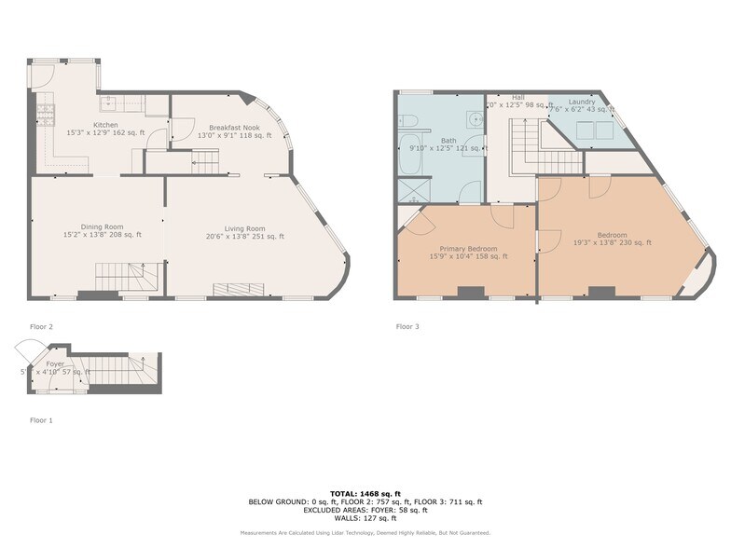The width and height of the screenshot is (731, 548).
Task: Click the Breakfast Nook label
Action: tap(234, 127)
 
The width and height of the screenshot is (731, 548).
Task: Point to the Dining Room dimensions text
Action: tap(102, 235)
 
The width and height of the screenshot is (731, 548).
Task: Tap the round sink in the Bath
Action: tap(476, 118)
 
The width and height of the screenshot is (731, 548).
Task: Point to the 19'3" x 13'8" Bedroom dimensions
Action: tap(612, 243)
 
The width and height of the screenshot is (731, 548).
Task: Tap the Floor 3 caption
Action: tap(407, 327)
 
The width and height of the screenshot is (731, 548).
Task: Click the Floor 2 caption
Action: tap(41, 327)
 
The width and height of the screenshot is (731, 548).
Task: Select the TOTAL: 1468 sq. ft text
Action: tap(365, 493)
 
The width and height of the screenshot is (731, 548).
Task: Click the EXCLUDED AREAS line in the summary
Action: tap(365, 510)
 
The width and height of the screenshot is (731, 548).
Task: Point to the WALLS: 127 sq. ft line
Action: tap(365, 518)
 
